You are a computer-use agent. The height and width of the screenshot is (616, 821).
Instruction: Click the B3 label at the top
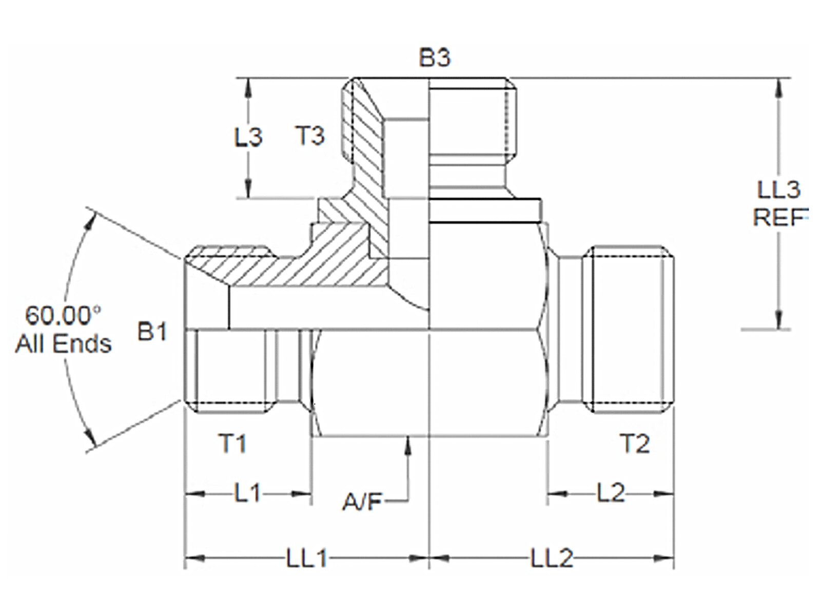(435, 57)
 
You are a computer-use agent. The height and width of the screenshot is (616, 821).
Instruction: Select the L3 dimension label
(248, 137)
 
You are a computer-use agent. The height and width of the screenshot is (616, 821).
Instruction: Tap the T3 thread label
(310, 136)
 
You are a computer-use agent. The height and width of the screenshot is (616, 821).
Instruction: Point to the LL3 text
(778, 190)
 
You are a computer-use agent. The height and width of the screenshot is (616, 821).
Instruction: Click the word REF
(779, 218)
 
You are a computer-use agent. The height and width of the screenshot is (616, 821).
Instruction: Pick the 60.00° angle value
(63, 315)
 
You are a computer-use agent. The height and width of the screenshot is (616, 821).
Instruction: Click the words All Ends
(63, 343)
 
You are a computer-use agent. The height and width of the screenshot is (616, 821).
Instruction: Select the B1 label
(152, 332)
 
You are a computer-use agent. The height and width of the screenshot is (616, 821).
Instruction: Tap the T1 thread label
(232, 444)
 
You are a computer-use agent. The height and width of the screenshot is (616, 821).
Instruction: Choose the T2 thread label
(635, 444)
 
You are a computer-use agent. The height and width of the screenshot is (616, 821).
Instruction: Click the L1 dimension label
(248, 494)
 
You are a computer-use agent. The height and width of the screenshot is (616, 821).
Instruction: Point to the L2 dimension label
(611, 494)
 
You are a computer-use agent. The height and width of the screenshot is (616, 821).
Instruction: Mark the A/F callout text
(362, 502)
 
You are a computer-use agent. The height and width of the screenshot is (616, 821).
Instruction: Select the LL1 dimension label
(306, 559)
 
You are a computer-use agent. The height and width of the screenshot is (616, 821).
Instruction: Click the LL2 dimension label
(552, 559)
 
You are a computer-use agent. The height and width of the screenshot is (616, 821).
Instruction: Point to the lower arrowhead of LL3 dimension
(779, 321)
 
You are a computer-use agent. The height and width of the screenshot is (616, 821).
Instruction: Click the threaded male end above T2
(630, 329)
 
